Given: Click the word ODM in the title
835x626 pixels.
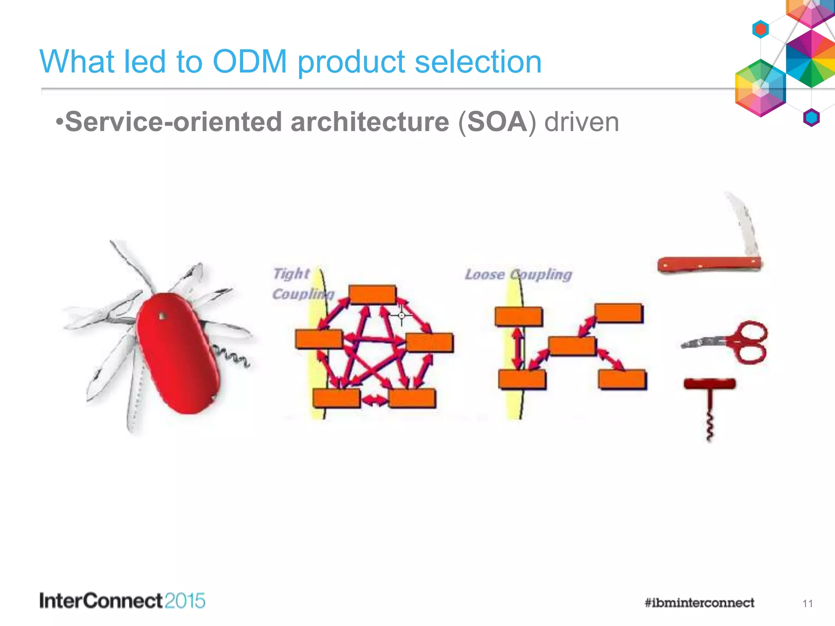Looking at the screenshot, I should point(250,62).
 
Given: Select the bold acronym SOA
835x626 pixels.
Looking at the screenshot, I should point(497,122).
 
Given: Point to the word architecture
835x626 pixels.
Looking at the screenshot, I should point(369,122).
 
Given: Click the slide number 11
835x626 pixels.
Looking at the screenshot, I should point(807,603).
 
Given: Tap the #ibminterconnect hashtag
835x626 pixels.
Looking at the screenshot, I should point(699,603).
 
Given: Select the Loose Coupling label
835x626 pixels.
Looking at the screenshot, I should point(518,274).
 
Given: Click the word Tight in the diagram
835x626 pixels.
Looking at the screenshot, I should point(291,273).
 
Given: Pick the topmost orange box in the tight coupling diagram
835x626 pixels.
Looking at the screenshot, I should point(372,295).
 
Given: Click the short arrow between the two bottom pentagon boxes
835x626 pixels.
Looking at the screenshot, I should point(375,400).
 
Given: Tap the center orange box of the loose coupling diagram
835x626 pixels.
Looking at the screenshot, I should point(572,346).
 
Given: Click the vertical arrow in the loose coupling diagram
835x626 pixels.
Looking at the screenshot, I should point(517,348).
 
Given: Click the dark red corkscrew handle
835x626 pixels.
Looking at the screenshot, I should point(709,384).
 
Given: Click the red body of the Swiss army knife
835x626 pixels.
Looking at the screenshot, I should point(177,353).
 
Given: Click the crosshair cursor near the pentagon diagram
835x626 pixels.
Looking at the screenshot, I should point(402,315).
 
